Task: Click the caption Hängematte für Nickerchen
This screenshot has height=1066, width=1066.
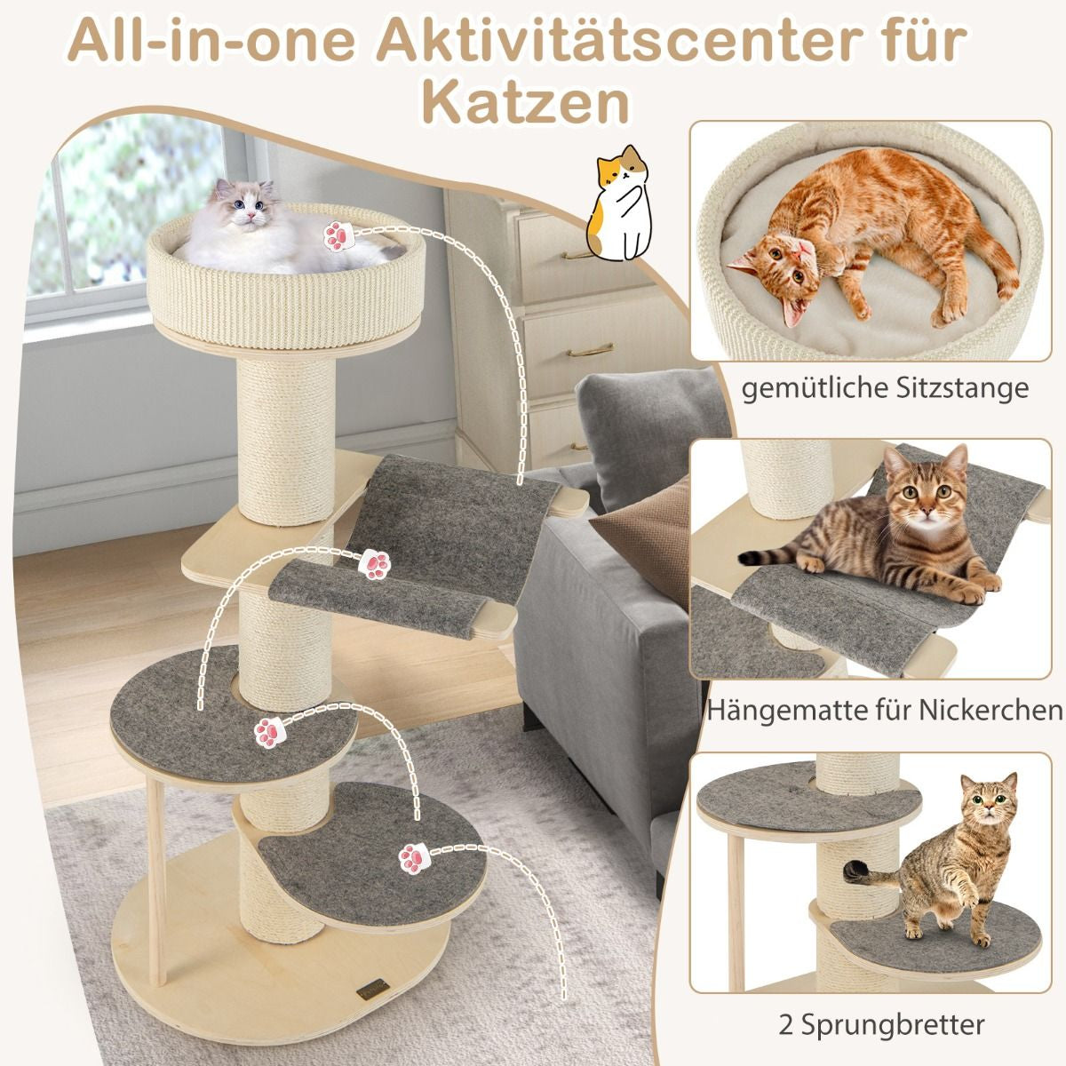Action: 885,710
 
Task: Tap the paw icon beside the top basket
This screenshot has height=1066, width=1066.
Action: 338,235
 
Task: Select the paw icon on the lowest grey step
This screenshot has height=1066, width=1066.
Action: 411,856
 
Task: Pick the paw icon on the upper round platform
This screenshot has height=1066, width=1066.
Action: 268,732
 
